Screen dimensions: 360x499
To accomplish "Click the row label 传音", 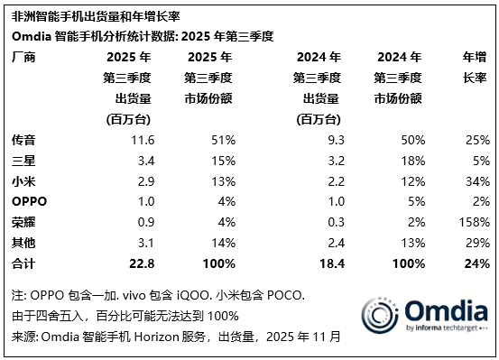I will coord(23,140).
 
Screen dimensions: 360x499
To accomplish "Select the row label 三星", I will coord(23,160).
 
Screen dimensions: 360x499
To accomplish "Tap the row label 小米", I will coord(23,180).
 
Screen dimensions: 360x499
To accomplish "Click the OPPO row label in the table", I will coord(29,200).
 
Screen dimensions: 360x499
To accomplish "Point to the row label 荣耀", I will coord(23,220).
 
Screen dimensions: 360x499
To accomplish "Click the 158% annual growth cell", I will coord(474,220).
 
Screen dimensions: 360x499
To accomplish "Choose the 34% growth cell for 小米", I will coord(477,180).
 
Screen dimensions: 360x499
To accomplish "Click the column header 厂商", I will coord(23,56).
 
